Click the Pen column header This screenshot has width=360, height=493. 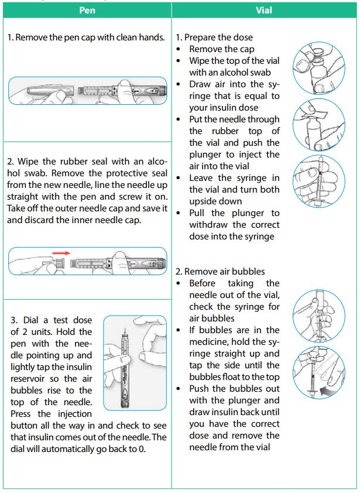[87, 11]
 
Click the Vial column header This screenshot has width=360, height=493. [265, 11]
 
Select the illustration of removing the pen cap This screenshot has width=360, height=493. [88, 91]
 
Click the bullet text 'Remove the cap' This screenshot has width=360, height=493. [222, 49]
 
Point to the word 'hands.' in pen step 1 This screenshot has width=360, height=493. [151, 37]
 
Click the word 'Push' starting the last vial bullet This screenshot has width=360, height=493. [200, 389]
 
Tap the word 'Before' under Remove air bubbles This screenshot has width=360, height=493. [204, 283]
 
